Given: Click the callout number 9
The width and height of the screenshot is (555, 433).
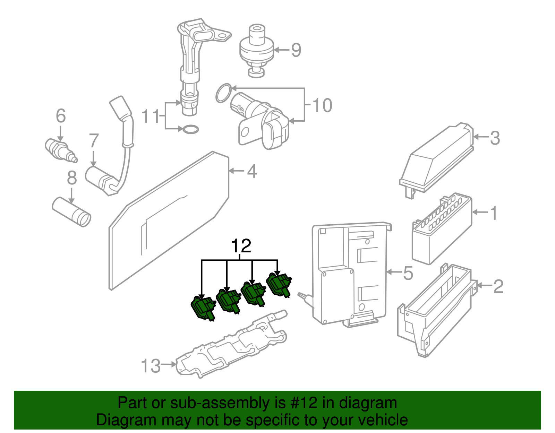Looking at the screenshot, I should point(296,50).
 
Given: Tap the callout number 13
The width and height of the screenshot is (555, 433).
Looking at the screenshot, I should point(151,366).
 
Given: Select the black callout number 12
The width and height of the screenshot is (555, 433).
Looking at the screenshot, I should point(241,246).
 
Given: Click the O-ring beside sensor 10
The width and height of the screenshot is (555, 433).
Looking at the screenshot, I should point(223,93).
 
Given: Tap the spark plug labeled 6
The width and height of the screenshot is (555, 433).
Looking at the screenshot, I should point(60,150).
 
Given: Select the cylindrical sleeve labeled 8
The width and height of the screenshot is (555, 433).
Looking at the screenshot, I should point(71,212).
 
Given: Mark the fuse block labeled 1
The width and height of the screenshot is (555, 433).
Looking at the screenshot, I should point(441,231).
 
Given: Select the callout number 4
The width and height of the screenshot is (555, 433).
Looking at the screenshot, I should point(252,172).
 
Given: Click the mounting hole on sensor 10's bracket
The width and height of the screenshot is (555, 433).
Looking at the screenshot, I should point(245,132).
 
